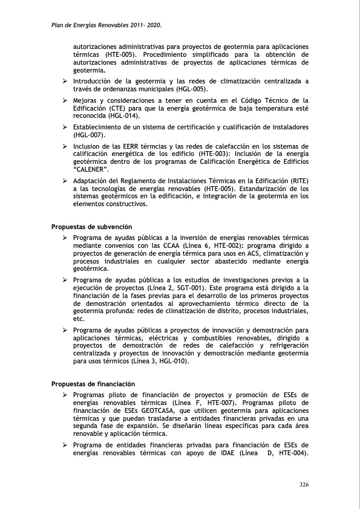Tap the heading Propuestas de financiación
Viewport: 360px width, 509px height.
(93, 384)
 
